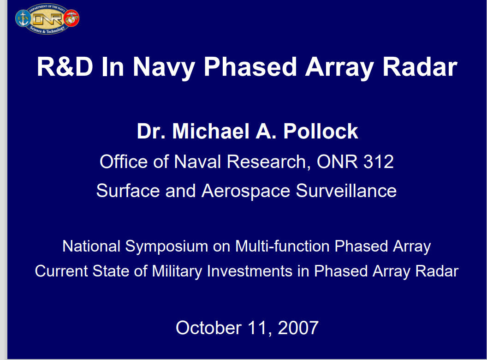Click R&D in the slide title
click(x=65, y=66)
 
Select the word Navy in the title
click(x=164, y=68)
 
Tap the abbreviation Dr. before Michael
click(x=151, y=131)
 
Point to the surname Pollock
click(x=321, y=131)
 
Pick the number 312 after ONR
click(x=378, y=162)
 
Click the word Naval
click(x=197, y=162)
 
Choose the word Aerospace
click(x=246, y=191)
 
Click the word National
click(x=91, y=246)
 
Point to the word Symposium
click(x=166, y=247)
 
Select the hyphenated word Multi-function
click(x=282, y=246)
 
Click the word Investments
click(x=249, y=271)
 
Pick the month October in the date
click(x=209, y=328)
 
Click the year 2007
click(x=298, y=328)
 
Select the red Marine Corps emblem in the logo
click(x=71, y=18)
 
